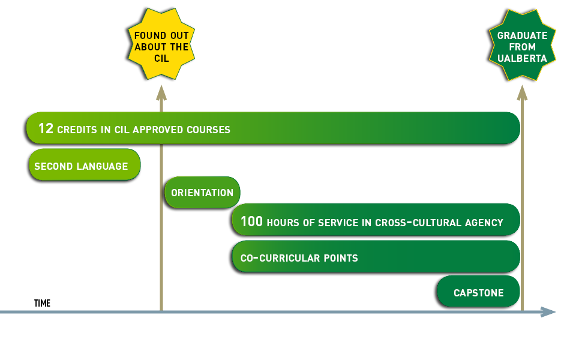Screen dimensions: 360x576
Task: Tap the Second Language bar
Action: click(x=84, y=166)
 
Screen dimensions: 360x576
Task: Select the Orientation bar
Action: click(x=202, y=193)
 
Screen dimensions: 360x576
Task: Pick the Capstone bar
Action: click(x=478, y=293)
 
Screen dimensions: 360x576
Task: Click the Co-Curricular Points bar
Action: click(x=376, y=257)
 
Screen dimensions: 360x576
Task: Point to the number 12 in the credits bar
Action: click(x=46, y=128)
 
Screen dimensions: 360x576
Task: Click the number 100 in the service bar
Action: click(x=251, y=221)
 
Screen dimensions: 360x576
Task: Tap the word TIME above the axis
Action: click(x=42, y=304)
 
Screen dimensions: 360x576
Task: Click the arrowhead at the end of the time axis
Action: click(x=548, y=311)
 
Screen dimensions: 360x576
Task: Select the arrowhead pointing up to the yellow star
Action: click(x=161, y=92)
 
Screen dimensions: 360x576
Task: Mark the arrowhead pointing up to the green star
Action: click(x=522, y=92)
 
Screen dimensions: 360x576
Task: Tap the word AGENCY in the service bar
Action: click(x=484, y=223)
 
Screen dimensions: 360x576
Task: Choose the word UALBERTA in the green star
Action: click(x=522, y=59)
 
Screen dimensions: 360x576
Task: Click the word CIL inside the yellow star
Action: click(x=161, y=59)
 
